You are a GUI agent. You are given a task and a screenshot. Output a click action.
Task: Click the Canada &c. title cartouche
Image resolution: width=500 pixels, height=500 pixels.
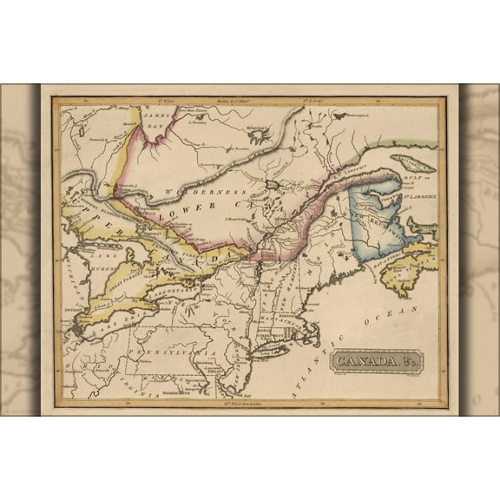(375, 359)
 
